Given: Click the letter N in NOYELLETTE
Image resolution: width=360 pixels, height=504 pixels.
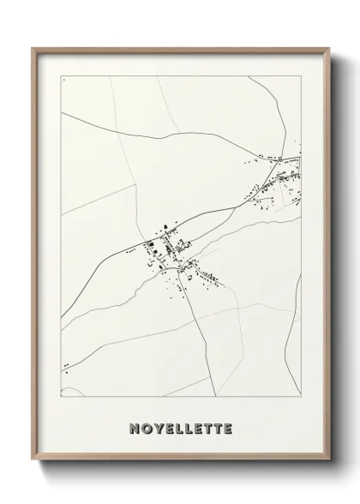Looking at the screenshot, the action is [135, 427].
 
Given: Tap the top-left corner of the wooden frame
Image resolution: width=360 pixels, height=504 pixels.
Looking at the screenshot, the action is [33, 48].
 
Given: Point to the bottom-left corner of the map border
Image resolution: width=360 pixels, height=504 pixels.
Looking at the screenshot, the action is [61, 397].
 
